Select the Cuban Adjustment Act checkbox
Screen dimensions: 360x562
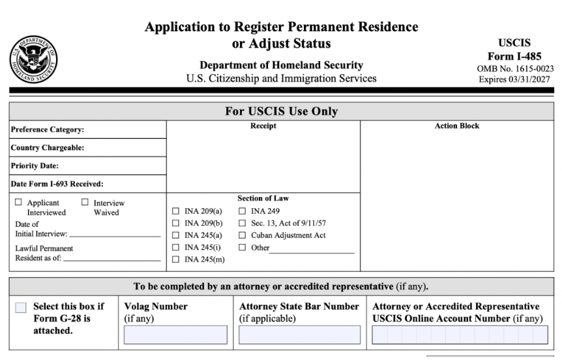(243, 235)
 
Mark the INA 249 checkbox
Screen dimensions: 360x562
(243, 211)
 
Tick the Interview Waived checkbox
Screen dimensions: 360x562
(85, 203)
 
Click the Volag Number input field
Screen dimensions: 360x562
(175, 335)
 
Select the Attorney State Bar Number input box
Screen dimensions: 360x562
(299, 335)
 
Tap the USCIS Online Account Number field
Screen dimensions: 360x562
(460, 335)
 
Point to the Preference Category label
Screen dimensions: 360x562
(48, 130)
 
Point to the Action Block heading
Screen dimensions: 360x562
(456, 126)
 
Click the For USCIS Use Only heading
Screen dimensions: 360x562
(282, 112)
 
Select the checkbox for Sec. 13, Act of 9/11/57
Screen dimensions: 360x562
(243, 224)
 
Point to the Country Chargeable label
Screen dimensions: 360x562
(47, 148)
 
